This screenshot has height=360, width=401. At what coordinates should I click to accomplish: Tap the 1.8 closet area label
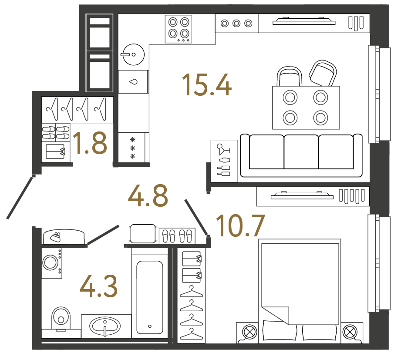click(90, 144)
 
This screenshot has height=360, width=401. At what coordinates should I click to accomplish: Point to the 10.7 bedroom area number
click(240, 226)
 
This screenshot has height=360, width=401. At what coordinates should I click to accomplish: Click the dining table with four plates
click(306, 107)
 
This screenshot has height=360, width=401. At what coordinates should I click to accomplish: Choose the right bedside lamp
click(350, 332)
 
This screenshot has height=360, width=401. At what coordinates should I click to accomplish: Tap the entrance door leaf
click(20, 197)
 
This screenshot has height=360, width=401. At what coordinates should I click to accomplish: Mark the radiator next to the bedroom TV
click(351, 196)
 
